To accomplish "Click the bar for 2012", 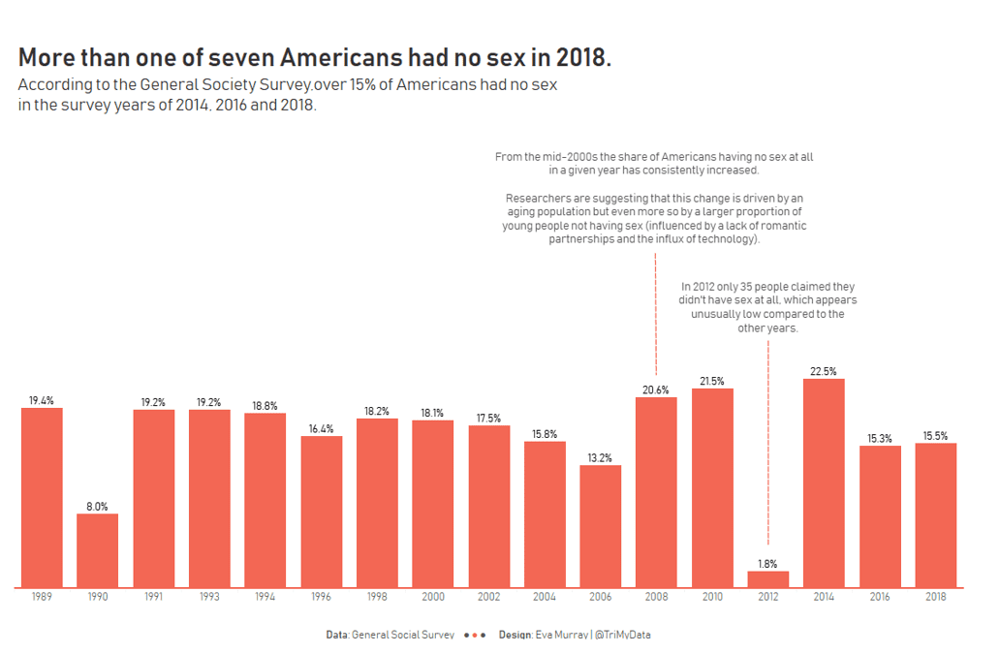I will pos(768,578).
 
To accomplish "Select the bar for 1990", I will pos(98,550).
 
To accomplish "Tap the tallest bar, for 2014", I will pos(824,483).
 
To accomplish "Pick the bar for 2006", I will pos(601,526).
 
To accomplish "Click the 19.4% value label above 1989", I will pos(42,400).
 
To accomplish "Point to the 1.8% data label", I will pos(768,564).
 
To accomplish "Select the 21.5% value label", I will pos(712,382).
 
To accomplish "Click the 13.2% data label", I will pos(601,458).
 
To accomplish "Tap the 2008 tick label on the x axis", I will pos(656,598).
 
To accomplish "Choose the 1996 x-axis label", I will pos(321,598).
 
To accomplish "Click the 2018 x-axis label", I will pos(935,598).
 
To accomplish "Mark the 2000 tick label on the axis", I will pos(432,598).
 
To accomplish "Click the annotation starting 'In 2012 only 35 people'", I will pos(767,307).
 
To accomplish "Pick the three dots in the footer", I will pos(475,635).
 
